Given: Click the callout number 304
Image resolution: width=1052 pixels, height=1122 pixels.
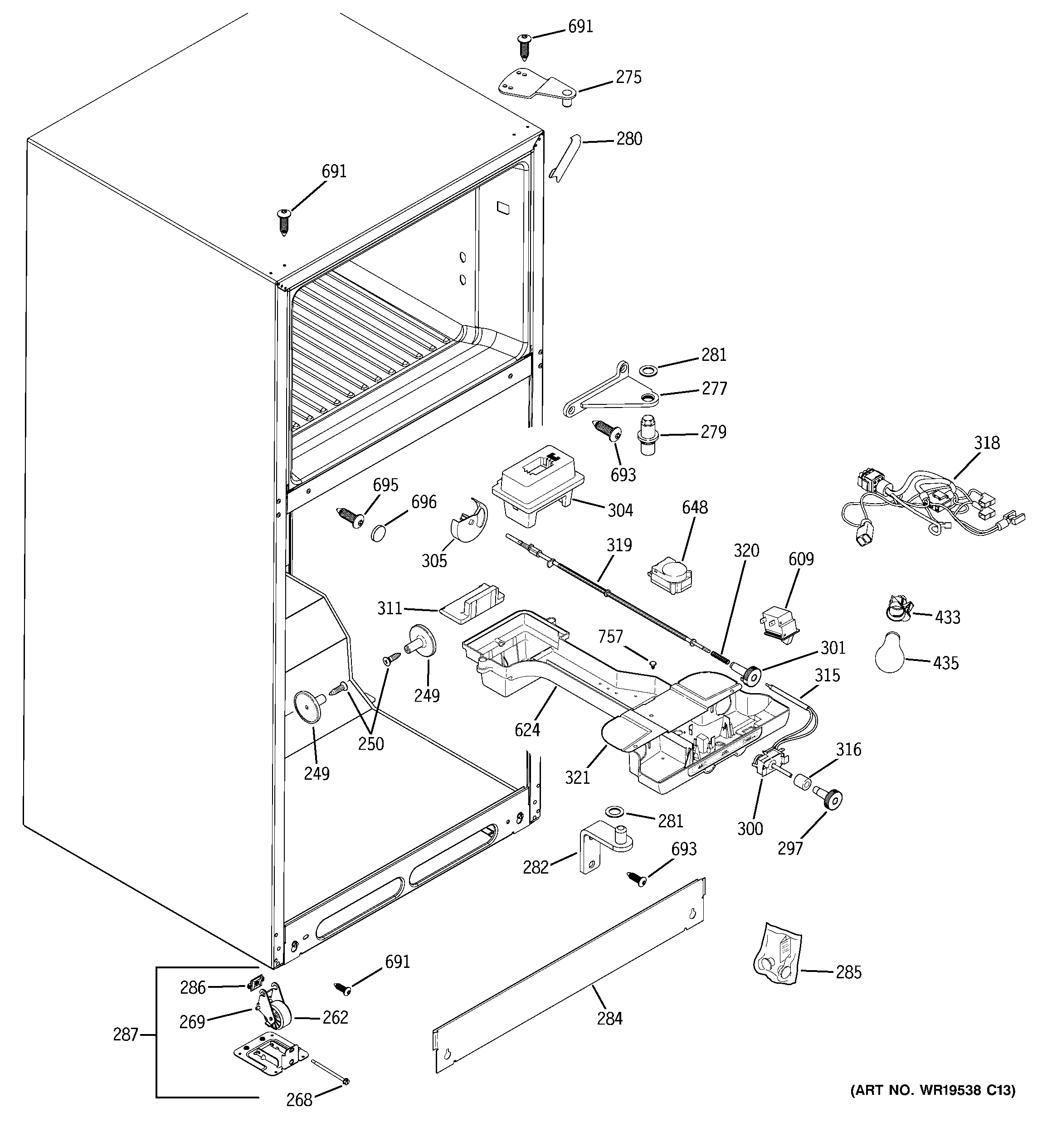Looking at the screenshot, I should (x=620, y=510).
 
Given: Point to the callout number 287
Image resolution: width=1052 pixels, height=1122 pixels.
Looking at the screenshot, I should (x=125, y=1035).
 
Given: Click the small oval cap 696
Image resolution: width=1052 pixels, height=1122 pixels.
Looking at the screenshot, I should (x=380, y=532).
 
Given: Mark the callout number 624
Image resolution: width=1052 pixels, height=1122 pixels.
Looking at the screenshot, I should (x=527, y=730).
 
